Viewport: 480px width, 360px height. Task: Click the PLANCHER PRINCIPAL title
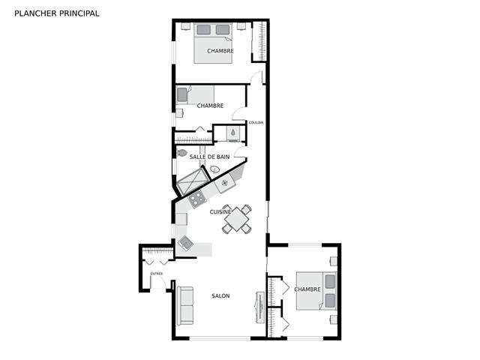tap(57, 13)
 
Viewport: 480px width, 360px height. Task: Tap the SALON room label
tap(220, 295)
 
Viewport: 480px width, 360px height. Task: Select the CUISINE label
tap(220, 211)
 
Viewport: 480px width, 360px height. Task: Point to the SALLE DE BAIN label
tap(209, 157)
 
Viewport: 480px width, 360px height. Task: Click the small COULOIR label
tap(256, 123)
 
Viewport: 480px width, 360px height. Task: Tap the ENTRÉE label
tap(157, 274)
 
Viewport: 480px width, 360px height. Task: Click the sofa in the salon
tap(185, 305)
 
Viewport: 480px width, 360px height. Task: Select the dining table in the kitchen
tap(237, 219)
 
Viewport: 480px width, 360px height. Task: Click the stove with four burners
tap(196, 199)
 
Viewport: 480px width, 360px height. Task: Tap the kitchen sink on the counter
tap(186, 243)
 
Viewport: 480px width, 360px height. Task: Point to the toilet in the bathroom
tap(181, 153)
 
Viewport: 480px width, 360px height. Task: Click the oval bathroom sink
tap(215, 169)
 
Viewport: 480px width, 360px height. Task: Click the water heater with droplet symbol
tap(233, 133)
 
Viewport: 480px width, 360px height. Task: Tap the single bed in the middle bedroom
tap(195, 95)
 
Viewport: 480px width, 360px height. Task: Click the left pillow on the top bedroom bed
tap(203, 30)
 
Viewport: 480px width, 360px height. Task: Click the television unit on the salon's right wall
tap(259, 307)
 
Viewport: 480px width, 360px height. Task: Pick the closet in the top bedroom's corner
tap(259, 41)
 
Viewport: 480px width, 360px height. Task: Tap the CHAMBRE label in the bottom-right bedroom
tap(307, 289)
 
